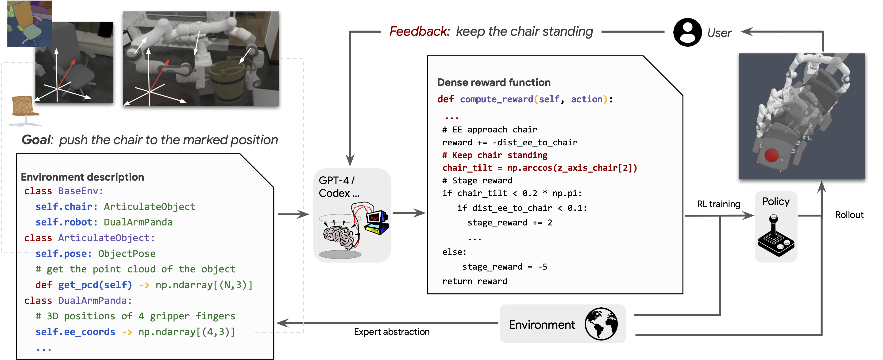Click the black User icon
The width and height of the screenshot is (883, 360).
[x=687, y=32]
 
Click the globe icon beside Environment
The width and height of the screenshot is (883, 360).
[x=601, y=324]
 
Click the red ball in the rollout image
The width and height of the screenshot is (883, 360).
[x=771, y=155]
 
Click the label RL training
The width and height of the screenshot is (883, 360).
[x=718, y=204]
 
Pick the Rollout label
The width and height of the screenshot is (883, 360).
[x=849, y=215]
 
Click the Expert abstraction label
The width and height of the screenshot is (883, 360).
[x=391, y=332]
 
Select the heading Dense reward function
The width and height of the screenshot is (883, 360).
[x=494, y=83]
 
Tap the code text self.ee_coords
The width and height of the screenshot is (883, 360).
[x=75, y=332]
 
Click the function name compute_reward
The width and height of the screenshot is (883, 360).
[x=496, y=99]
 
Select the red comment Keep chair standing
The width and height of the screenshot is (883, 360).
[x=495, y=155]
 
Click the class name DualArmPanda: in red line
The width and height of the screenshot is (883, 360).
[x=95, y=301]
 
